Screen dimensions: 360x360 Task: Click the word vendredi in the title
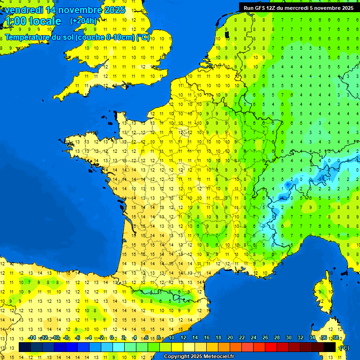click(23, 10)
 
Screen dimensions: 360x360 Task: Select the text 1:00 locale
click(33, 21)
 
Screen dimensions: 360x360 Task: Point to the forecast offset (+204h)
click(83, 21)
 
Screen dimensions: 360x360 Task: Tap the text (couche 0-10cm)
click(105, 37)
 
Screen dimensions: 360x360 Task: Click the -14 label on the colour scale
click(32, 338)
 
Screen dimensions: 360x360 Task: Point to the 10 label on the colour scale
click(172, 338)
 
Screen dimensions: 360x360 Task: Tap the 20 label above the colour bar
click(230, 338)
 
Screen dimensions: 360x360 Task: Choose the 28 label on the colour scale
click(277, 338)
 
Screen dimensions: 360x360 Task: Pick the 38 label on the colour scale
click(335, 338)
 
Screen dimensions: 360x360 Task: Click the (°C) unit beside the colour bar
click(345, 347)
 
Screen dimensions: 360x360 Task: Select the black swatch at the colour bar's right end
click(330, 347)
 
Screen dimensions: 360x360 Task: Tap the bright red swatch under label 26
click(271, 347)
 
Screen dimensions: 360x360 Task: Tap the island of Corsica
click(322, 293)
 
